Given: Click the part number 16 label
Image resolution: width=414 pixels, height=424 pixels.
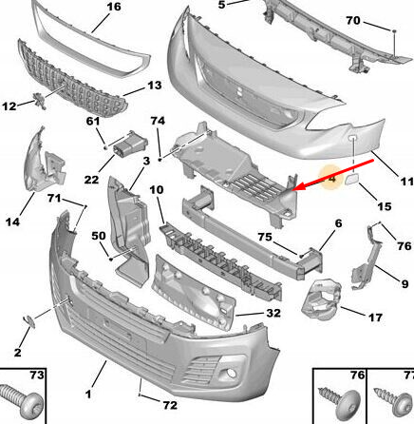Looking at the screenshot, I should (x=113, y=8).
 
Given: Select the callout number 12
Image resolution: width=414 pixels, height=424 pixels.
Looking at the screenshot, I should (x=10, y=106).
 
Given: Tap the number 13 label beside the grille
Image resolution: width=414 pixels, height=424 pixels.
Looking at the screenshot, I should (x=154, y=87).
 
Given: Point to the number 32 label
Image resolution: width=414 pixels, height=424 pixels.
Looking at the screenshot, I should (x=273, y=312).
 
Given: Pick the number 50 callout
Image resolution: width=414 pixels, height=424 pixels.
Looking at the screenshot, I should (x=97, y=236).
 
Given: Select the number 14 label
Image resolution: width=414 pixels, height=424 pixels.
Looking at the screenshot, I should (x=13, y=222).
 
